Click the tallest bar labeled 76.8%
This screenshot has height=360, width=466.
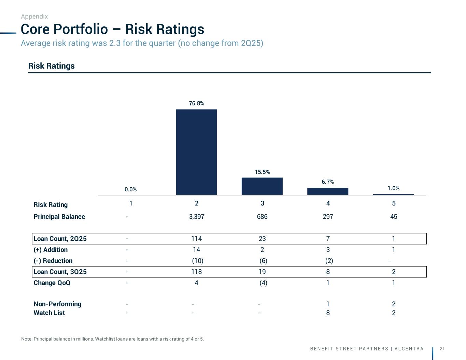(x=196, y=152)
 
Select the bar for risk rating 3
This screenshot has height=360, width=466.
(x=262, y=186)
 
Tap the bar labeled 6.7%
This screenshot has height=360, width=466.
(x=328, y=191)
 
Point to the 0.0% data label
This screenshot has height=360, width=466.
(x=130, y=189)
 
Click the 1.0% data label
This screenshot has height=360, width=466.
(x=393, y=188)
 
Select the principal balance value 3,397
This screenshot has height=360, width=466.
(x=197, y=217)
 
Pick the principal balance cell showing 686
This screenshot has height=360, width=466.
(x=262, y=217)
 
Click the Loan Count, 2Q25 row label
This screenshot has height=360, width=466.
(x=60, y=239)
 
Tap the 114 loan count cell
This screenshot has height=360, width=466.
(x=197, y=239)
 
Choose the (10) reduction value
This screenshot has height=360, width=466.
(x=198, y=261)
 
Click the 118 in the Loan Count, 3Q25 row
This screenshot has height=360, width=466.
(x=197, y=272)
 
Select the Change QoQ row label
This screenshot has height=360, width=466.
(x=52, y=283)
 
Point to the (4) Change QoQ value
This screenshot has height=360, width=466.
(x=264, y=283)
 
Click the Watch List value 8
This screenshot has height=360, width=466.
(x=328, y=313)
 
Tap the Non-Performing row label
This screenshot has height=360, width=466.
(x=57, y=304)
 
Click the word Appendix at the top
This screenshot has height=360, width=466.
(x=34, y=16)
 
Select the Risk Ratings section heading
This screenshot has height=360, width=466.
(x=52, y=66)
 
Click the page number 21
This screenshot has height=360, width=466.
(x=442, y=348)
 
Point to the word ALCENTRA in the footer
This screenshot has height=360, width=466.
(x=409, y=349)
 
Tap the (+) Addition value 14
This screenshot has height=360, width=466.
(x=197, y=250)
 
